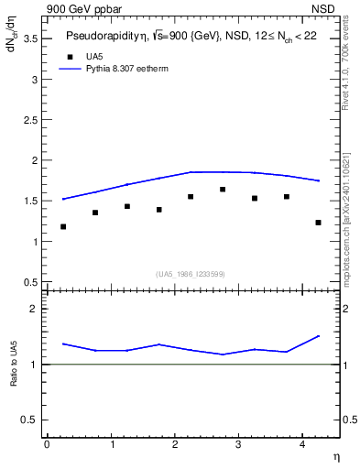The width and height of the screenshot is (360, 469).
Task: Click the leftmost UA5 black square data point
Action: click(63, 226)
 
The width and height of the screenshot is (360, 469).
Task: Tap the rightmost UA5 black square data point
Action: click(318, 223)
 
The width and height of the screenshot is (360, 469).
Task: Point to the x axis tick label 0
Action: click(47, 445)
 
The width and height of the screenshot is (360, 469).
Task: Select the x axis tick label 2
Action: click(174, 445)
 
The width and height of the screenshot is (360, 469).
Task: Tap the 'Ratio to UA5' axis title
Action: click(13, 377)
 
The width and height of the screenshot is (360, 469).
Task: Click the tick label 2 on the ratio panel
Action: click(34, 310)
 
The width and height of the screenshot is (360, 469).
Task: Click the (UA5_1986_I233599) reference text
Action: click(191, 274)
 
